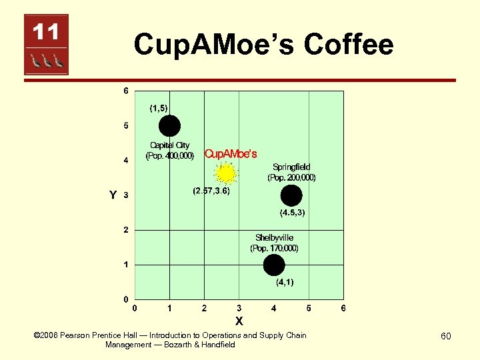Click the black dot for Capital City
click(169, 125)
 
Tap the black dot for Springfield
click(291, 195)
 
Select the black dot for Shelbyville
click(273, 265)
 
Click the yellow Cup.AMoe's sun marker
click(226, 174)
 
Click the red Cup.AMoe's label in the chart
click(230, 154)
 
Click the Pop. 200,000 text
click(291, 178)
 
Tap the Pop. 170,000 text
click(274, 248)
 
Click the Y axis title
click(113, 195)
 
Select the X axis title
click(239, 321)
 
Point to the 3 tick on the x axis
click(239, 308)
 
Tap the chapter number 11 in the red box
click(46, 31)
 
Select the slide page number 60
click(445, 336)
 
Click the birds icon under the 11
click(46, 61)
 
